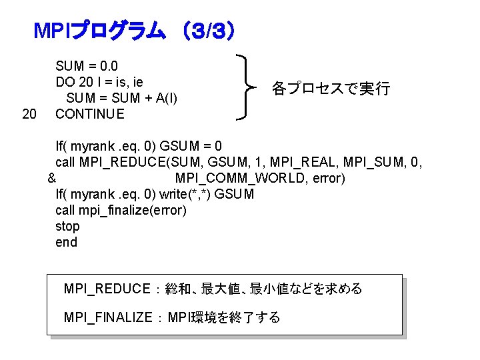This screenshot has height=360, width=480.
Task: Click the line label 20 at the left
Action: [x=29, y=114]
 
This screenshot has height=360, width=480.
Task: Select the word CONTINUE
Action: [x=89, y=114]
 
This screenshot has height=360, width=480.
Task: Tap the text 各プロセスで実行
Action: [x=331, y=89]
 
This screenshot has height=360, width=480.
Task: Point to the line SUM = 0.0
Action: [x=87, y=66]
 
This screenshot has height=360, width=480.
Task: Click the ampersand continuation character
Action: [x=51, y=179]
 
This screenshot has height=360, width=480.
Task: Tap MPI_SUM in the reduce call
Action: [x=370, y=162]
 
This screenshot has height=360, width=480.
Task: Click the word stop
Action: [x=67, y=227]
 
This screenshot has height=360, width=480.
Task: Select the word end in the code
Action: [x=67, y=243]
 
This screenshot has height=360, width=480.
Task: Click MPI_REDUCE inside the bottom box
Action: [x=107, y=289]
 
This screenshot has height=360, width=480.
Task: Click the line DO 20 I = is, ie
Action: [x=99, y=82]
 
